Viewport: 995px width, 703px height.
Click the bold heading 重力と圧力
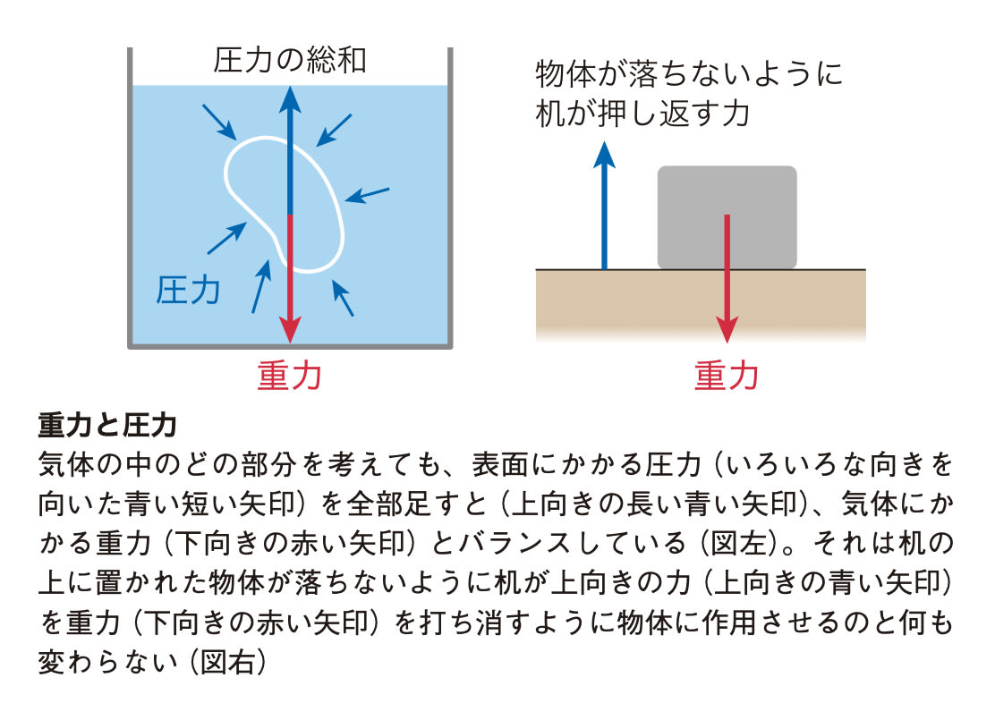coord(106,424)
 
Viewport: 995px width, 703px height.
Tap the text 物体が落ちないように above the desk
coord(688,73)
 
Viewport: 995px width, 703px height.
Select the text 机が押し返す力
coord(642,114)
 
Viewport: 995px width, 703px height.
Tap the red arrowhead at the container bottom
coord(289,330)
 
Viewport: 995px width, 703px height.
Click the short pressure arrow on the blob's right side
coord(367,194)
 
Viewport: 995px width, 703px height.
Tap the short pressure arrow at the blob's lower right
coord(343,298)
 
